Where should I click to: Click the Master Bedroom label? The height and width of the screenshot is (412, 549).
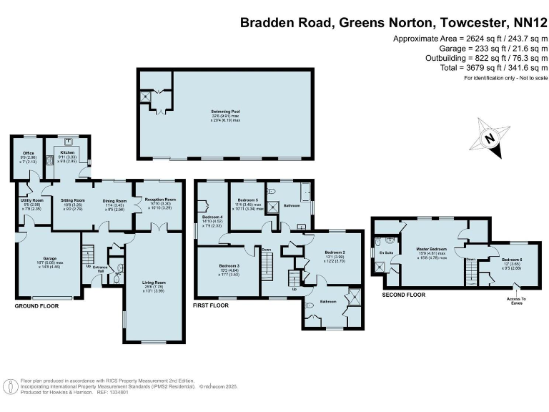[x=431, y=249]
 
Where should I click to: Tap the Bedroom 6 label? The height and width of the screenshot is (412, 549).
[x=512, y=259]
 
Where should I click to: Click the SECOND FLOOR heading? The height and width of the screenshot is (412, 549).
[x=404, y=294]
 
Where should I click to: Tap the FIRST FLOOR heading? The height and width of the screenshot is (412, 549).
[x=211, y=305]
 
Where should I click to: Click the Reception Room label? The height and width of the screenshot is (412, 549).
[x=159, y=200]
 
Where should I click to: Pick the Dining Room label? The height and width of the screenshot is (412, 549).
[x=114, y=201]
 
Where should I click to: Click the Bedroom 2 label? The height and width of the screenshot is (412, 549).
[x=335, y=252]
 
